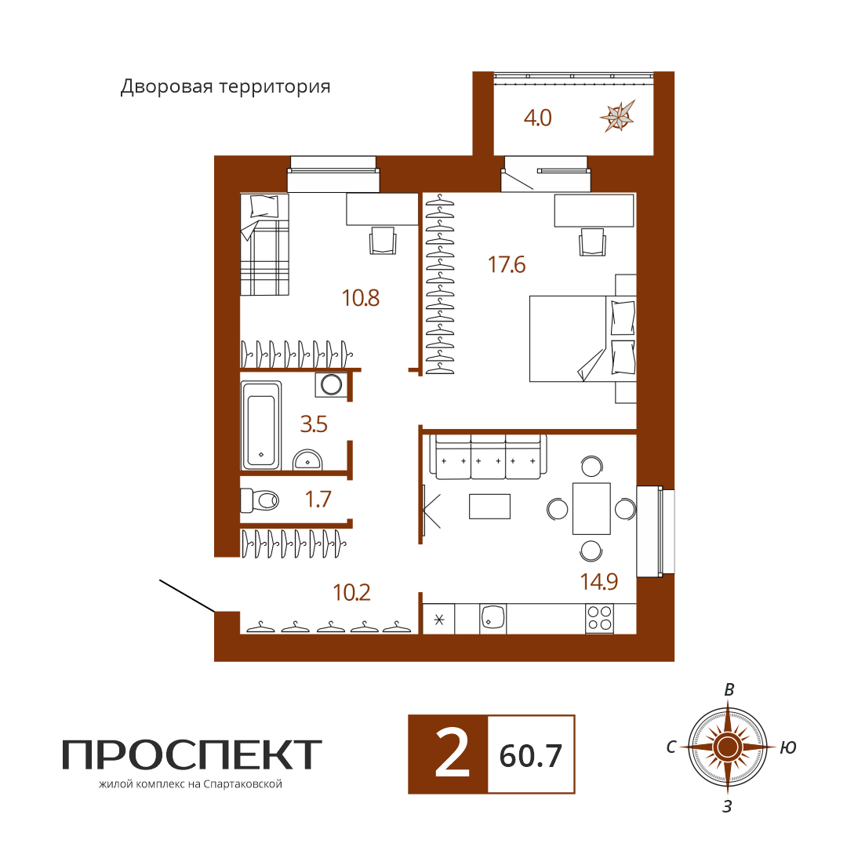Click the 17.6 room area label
click(x=506, y=265)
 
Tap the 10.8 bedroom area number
click(x=360, y=298)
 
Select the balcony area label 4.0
click(x=537, y=118)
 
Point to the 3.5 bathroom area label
click(x=314, y=424)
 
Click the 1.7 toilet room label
click(x=318, y=499)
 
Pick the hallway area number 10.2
click(x=351, y=593)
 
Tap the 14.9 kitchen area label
click(x=598, y=581)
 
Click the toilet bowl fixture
click(x=260, y=500)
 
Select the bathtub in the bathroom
click(x=261, y=425)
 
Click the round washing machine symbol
click(x=331, y=384)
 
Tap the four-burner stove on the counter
click(x=599, y=619)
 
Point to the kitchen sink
click(x=493, y=619)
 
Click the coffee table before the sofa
click(x=489, y=506)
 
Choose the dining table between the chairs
click(x=591, y=508)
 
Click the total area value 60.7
click(x=530, y=756)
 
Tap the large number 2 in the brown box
click(x=453, y=754)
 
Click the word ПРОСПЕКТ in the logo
click(x=192, y=754)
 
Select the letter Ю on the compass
click(x=788, y=747)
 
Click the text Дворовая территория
click(x=225, y=86)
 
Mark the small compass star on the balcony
click(x=617, y=116)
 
